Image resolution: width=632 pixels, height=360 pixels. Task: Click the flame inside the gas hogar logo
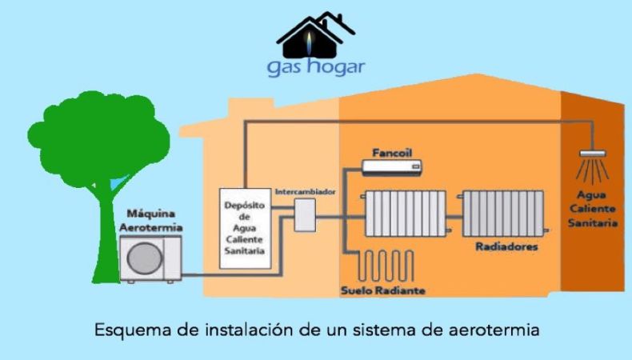coord(309,42)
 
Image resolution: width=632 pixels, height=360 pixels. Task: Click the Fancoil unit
coord(392,167)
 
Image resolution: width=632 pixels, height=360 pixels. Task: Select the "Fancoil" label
coord(392,153)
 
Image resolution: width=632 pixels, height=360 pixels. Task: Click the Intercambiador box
coord(305,215)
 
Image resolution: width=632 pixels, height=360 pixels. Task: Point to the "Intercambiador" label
coord(305,192)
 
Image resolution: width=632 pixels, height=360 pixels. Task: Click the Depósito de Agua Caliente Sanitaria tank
coord(245,228)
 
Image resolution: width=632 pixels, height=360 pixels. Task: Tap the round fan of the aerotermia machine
coord(145,258)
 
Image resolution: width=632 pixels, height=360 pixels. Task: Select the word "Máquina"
coord(150,214)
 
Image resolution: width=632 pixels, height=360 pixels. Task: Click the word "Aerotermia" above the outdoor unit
coord(150,228)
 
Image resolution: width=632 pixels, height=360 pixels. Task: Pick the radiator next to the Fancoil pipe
coord(406,214)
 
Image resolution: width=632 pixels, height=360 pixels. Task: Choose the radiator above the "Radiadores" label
coord(503,214)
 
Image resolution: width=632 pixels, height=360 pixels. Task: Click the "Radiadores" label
coord(506,246)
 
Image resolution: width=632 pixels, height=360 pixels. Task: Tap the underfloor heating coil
coord(386,266)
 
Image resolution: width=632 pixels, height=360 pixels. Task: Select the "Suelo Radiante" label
coord(383,290)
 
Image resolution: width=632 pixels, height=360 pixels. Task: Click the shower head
coord(593,154)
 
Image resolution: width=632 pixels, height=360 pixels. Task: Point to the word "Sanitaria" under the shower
coord(593,223)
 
